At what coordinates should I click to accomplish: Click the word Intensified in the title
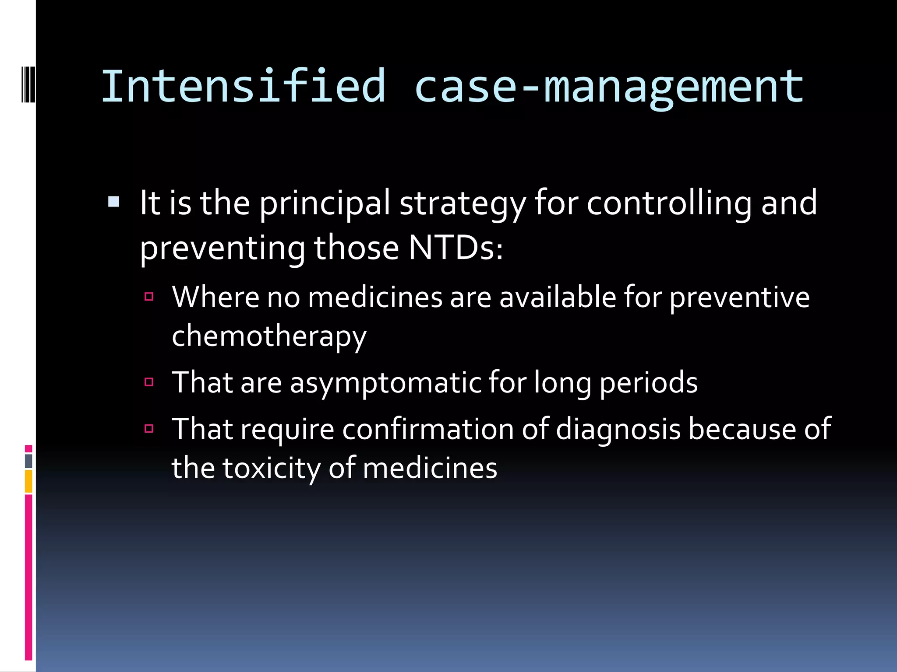(x=244, y=86)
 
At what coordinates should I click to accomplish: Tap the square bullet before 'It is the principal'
(x=113, y=202)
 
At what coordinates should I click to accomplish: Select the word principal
(x=325, y=203)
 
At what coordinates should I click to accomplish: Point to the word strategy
(x=463, y=203)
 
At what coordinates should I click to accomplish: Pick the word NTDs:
(x=456, y=248)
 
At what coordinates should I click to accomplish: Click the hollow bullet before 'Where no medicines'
(x=149, y=297)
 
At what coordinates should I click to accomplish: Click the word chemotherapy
(x=269, y=336)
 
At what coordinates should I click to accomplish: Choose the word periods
(x=648, y=382)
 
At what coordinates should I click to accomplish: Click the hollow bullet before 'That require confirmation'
(x=149, y=428)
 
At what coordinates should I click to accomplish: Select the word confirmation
(x=428, y=429)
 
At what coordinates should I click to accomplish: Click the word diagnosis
(x=618, y=429)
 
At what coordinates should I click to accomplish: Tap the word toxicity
(x=272, y=468)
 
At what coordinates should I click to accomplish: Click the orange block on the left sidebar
(x=28, y=481)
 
